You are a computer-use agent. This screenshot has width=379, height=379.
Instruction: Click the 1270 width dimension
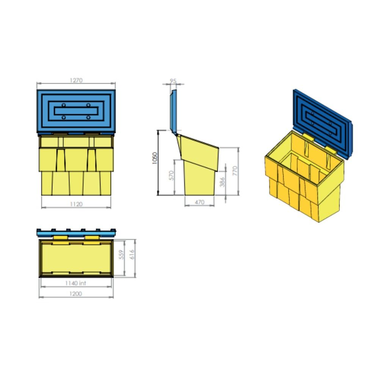[x=76, y=80]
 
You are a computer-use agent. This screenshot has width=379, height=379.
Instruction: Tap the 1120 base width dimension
[x=76, y=204]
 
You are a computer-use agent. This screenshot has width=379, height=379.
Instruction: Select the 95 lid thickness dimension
[x=173, y=81]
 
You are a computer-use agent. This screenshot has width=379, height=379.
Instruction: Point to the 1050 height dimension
[x=155, y=158]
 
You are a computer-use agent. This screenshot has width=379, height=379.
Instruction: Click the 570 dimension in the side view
[x=171, y=175]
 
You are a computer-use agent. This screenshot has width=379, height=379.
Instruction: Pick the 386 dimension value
[x=222, y=182]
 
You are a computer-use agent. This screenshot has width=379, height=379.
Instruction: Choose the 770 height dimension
[x=235, y=171]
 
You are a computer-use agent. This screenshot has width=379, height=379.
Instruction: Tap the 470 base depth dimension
[x=199, y=202]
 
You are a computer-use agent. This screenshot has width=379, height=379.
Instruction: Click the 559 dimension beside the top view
[x=122, y=255]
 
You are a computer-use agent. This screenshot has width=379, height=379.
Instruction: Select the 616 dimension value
[x=132, y=255]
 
